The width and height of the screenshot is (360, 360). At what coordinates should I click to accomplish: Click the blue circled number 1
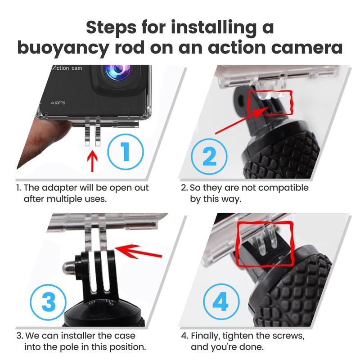click(x=126, y=152)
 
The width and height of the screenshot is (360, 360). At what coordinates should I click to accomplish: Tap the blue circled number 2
click(x=209, y=156)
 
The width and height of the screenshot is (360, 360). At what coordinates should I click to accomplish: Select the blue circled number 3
click(x=48, y=302)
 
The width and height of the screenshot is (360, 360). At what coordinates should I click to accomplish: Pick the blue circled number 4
click(x=221, y=301)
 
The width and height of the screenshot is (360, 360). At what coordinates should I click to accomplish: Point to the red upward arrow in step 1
click(x=92, y=161)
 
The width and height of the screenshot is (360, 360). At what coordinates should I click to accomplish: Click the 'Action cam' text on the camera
click(x=67, y=68)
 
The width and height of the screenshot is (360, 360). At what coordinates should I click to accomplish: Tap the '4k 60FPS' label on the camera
click(x=58, y=103)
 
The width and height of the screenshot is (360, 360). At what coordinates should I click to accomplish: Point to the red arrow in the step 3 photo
click(x=139, y=252)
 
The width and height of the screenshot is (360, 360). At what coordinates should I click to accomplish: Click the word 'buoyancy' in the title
click(x=63, y=48)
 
